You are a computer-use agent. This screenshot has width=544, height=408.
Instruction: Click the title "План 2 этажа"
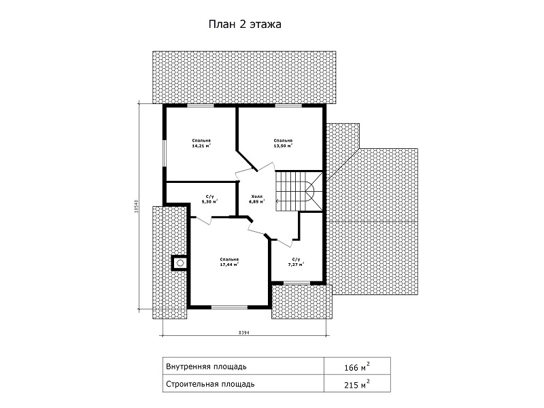(245, 24)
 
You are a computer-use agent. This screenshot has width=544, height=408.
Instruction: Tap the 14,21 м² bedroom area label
(201, 143)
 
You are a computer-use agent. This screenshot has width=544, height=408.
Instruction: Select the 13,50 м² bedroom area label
(283, 143)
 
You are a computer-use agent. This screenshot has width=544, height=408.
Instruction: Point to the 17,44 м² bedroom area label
(229, 262)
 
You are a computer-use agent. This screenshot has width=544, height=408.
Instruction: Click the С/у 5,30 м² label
(209, 199)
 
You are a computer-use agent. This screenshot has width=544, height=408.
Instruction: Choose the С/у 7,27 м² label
(296, 262)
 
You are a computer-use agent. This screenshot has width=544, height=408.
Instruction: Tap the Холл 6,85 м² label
(257, 199)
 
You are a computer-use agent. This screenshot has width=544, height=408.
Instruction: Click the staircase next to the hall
(299, 191)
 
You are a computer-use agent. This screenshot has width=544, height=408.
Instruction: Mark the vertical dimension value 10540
(137, 206)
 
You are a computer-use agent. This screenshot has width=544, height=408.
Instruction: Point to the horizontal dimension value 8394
(244, 333)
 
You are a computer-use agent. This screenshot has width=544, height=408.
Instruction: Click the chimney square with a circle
(180, 263)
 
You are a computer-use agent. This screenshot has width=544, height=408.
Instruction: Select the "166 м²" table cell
(356, 367)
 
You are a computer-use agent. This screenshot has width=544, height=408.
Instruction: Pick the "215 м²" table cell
(356, 384)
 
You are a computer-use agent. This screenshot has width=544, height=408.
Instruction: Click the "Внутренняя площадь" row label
(207, 367)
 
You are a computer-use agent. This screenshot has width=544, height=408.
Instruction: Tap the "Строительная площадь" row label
(210, 384)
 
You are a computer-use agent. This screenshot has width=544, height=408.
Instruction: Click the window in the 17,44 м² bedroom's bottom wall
(229, 307)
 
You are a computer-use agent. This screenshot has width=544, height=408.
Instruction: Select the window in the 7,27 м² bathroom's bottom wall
(296, 283)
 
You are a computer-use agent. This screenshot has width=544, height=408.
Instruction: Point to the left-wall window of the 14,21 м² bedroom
(165, 154)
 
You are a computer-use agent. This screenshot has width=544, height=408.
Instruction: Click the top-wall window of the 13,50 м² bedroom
(288, 105)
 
